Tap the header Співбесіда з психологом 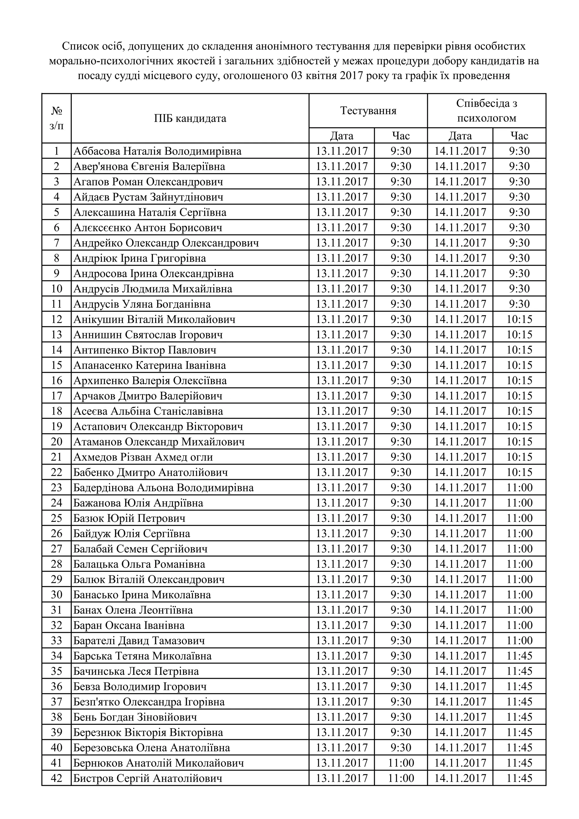[486, 111]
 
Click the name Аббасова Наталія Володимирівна [157, 151]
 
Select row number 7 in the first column [56, 243]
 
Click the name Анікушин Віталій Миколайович [154, 319]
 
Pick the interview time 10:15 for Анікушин [519, 319]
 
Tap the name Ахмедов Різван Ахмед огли [143, 457]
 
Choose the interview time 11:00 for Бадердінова [519, 488]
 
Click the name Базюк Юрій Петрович [129, 518]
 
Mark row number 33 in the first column [56, 641]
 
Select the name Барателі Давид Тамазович [139, 641]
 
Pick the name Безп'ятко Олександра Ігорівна [149, 702]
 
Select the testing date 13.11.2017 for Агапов [342, 182]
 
